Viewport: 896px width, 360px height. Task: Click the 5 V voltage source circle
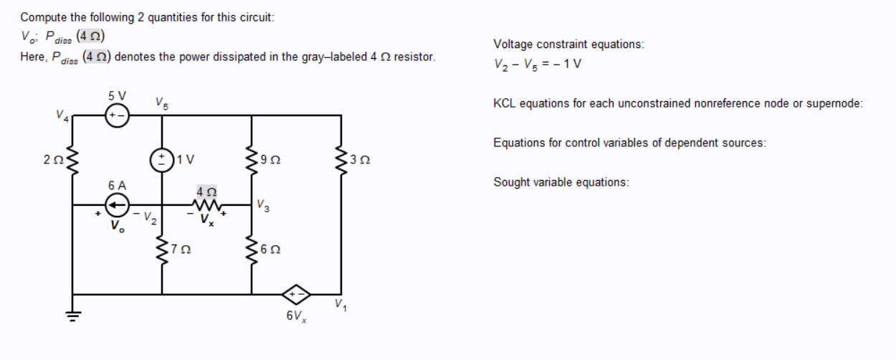[x=118, y=115]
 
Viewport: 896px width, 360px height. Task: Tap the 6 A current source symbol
[x=118, y=205]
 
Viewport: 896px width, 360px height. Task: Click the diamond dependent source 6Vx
[x=296, y=294]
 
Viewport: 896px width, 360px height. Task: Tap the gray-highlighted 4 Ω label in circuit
[x=206, y=191]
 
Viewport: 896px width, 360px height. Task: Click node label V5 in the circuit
[x=161, y=103]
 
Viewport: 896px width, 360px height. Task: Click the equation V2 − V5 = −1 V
[x=537, y=63]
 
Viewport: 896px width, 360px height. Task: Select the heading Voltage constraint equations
[x=568, y=44]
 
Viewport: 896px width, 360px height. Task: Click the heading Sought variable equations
[x=561, y=181]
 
